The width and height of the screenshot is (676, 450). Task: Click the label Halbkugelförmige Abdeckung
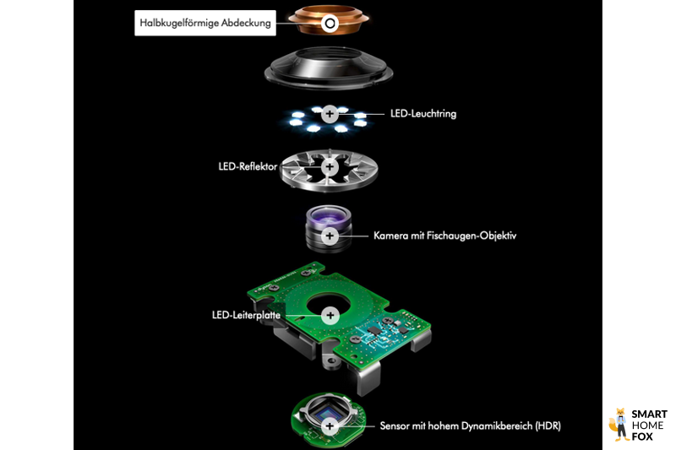click(206, 24)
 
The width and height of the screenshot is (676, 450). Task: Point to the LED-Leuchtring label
click(422, 113)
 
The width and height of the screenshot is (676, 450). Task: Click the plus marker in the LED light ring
click(330, 113)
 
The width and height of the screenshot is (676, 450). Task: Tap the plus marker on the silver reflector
click(330, 166)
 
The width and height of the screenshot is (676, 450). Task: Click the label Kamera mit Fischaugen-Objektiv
click(444, 236)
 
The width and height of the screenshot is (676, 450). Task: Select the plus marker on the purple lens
click(330, 236)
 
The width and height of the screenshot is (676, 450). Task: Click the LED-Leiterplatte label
click(246, 315)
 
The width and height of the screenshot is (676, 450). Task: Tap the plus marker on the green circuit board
click(330, 315)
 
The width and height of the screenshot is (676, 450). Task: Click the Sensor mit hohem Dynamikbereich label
click(470, 427)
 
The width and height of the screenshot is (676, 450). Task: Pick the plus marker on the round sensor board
click(330, 427)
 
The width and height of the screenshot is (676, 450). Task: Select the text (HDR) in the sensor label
click(546, 427)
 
